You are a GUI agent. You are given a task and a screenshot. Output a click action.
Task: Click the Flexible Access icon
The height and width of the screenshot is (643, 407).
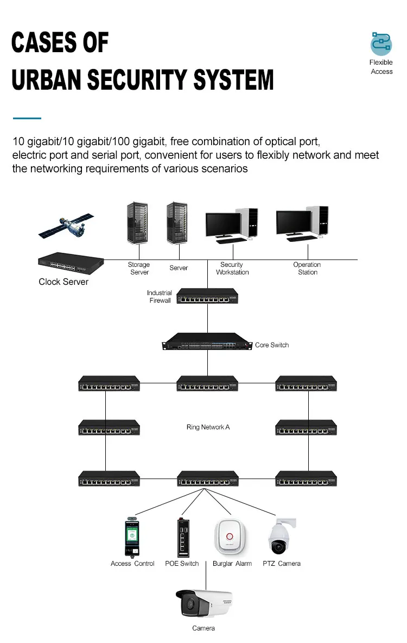coord(381,43)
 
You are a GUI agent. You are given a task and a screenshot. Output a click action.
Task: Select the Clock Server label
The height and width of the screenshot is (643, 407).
coord(63,282)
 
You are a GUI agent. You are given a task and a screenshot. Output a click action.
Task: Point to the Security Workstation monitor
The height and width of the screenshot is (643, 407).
coord(223,224)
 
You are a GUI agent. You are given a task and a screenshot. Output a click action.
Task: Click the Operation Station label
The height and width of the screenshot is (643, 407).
coord(307,269)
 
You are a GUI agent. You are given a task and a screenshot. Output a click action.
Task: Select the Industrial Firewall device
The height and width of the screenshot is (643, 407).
coord(208,297)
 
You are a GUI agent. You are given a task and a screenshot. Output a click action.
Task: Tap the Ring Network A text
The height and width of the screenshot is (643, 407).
coord(208,427)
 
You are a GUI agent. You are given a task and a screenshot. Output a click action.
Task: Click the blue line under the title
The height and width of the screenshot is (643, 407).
coord(27,117)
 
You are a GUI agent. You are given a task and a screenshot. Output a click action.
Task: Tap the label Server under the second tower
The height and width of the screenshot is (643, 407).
coord(179,268)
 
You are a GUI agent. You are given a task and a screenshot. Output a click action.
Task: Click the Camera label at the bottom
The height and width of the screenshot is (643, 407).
coord(203,628)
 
